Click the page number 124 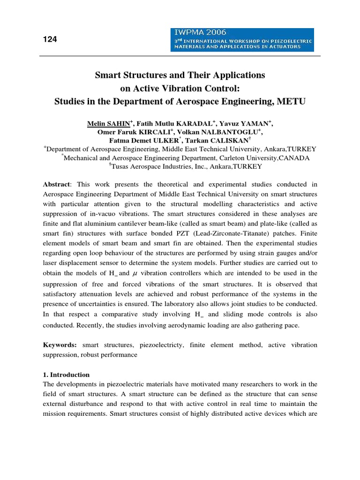[x=50, y=39]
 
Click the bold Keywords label [x=60, y=345]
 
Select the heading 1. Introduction [x=66, y=375]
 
